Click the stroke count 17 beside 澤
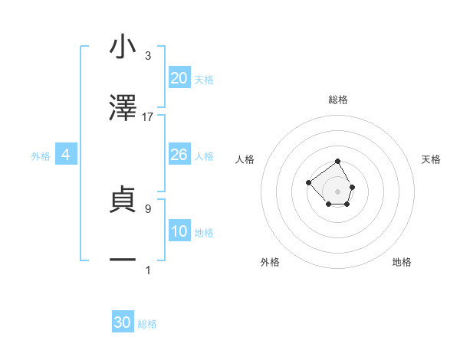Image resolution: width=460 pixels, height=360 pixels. point(148,117)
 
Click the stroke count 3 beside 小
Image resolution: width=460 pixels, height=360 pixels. point(148,56)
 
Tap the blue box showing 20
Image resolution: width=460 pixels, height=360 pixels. point(179,78)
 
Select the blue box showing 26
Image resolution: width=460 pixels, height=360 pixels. point(179,155)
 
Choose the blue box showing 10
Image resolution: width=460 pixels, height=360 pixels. point(179,231)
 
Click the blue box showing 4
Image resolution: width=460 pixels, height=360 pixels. point(66,155)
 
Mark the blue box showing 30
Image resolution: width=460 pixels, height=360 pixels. point(123,322)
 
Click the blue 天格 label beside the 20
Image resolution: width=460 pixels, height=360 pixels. point(204,80)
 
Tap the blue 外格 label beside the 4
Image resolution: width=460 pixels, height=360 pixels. point(41,156)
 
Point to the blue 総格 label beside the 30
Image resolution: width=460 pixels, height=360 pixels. point(147,324)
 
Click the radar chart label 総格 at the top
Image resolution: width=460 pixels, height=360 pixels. point(338,100)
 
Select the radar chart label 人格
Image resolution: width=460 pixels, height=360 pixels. point(245,159)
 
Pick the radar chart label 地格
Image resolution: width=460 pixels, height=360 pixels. point(402,262)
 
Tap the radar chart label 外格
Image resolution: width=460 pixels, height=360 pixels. point(270,262)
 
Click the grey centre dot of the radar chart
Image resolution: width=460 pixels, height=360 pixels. point(337,191)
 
